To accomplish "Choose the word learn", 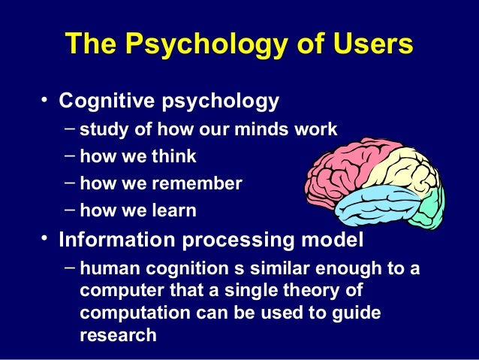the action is tap(172, 211).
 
